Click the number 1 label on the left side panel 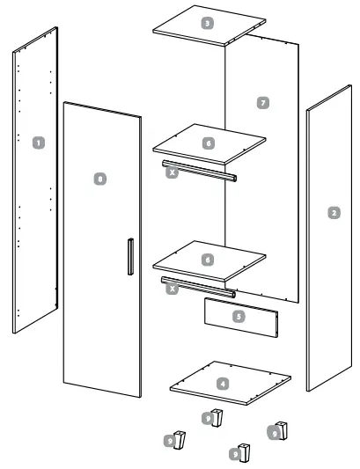pyautogui.click(x=37, y=141)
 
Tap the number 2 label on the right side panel pyautogui.click(x=333, y=212)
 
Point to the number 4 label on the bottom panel pyautogui.click(x=223, y=384)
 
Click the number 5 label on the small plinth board pyautogui.click(x=239, y=314)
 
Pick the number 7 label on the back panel pyautogui.click(x=262, y=103)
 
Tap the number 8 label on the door pyautogui.click(x=100, y=179)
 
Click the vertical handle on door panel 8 pyautogui.click(x=129, y=259)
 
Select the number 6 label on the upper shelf pyautogui.click(x=208, y=142)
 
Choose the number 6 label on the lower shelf pyautogui.click(x=208, y=260)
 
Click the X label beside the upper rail pyautogui.click(x=173, y=173)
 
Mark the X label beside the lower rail pyautogui.click(x=173, y=287)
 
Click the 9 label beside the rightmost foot pyautogui.click(x=275, y=433)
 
